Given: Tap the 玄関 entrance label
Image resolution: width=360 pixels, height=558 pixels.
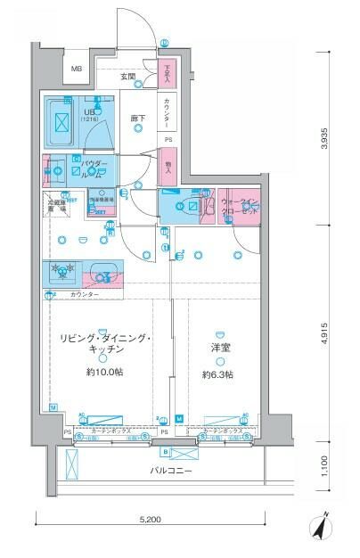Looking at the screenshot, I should (128, 78).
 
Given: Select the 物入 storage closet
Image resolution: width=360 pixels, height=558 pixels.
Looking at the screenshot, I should (168, 166).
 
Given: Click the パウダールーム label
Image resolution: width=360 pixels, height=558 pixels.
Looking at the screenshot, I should (94, 169).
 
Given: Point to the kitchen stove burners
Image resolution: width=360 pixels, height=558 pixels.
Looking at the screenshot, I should (61, 271).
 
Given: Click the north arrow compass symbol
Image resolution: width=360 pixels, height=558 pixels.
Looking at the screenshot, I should (322, 527).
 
